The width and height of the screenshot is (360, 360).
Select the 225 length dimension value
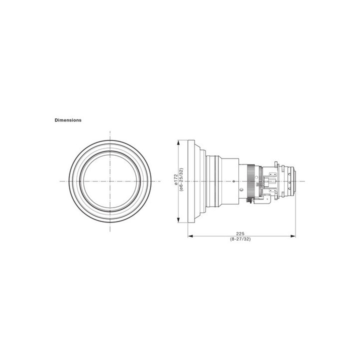240,233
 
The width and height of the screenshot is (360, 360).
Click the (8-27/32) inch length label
240,240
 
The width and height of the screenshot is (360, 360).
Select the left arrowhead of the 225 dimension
189,236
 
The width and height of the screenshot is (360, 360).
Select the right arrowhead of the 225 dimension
293,236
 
